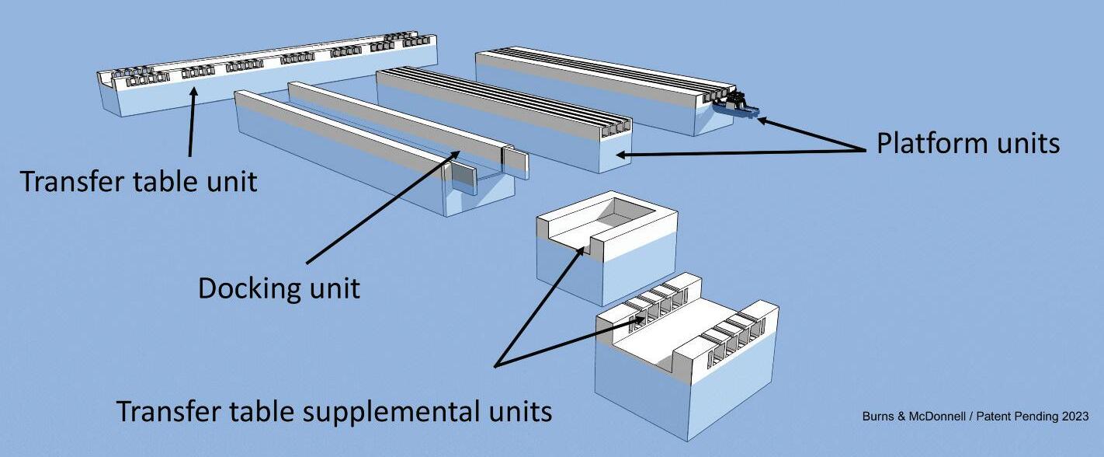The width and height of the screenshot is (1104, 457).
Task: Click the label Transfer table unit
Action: click(x=137, y=181)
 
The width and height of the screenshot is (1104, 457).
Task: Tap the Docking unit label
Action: click(x=279, y=288)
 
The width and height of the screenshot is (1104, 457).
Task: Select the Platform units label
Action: click(x=967, y=143)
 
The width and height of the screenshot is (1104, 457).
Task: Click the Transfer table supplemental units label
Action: click(x=334, y=410)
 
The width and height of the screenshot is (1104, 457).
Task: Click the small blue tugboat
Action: click(x=736, y=107)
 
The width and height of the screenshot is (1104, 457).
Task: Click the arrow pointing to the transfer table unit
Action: click(x=192, y=124)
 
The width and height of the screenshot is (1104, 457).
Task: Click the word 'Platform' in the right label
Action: click(x=925, y=143)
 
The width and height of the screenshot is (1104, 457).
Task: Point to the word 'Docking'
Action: click(x=249, y=288)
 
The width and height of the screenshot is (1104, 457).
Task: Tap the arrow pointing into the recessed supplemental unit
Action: click(x=540, y=303)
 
